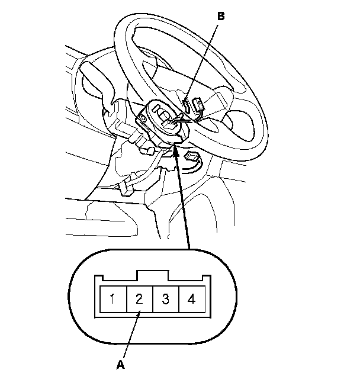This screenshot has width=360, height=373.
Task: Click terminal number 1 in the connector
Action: coord(111,298)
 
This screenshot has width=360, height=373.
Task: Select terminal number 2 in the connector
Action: coord(139,298)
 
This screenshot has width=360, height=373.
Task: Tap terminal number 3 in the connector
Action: coord(165,298)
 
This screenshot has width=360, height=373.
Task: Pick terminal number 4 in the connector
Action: coord(191,298)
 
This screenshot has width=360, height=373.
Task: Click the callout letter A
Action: coord(121,364)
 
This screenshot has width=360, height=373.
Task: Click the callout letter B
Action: coord(221,17)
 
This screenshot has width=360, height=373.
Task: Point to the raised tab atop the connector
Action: coord(152,275)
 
